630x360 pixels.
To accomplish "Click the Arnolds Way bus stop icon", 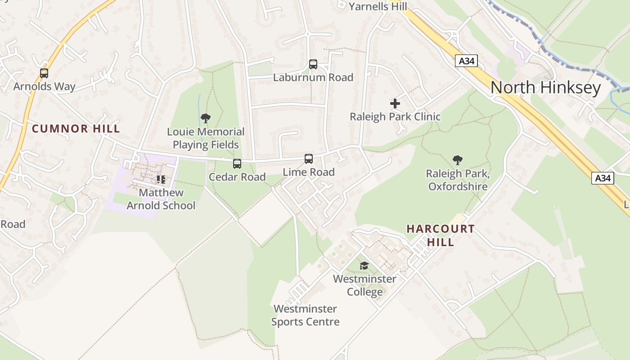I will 44,73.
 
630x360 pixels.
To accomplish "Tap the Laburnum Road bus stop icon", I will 313,64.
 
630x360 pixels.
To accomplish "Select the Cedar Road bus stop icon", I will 237,164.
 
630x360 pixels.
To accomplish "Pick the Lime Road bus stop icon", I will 309,158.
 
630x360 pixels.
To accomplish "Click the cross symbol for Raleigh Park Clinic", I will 395,103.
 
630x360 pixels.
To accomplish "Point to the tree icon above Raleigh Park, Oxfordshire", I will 458,160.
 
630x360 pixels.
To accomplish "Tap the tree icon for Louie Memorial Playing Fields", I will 206,118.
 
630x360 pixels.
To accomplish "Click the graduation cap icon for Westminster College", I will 364,266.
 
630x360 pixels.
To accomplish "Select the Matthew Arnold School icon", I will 161,180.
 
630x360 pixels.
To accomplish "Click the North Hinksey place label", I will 545,87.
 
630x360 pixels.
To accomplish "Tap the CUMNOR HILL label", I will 76,129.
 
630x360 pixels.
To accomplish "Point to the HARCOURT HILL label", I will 441,235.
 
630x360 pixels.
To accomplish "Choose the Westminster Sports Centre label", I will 305,315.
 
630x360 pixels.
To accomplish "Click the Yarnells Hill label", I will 378,6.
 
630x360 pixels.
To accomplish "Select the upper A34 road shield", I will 466,61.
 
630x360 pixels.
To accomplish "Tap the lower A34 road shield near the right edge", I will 603,178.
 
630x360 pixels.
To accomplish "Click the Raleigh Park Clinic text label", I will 395,117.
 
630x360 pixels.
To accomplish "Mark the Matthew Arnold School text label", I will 161,199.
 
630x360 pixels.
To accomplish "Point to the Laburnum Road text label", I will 313,77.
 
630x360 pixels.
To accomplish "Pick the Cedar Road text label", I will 237,177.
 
